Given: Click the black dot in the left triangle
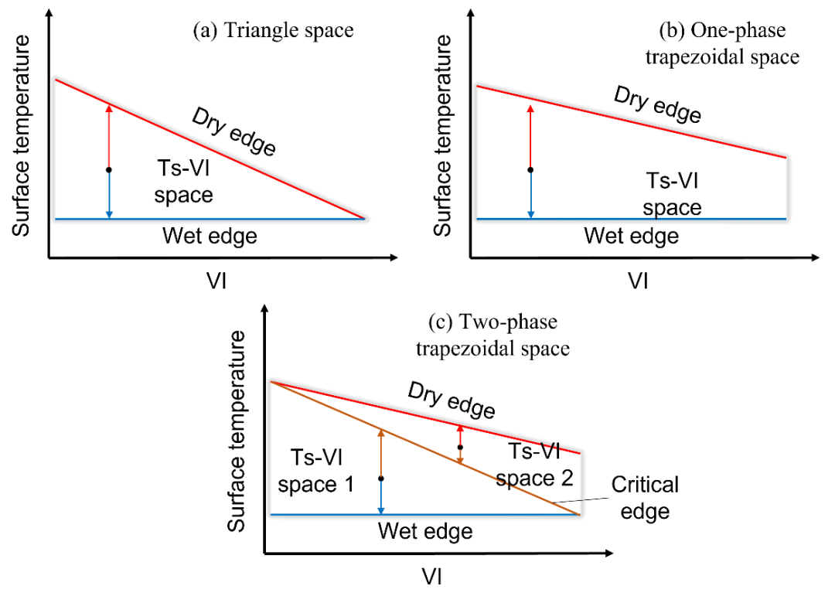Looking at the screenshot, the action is tap(109, 169).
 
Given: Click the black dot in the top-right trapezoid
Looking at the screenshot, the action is tap(530, 169).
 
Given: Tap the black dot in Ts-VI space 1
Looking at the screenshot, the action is tap(380, 479).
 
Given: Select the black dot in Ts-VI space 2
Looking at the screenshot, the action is tap(460, 447).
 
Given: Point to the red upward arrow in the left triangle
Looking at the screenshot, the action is tap(109, 136).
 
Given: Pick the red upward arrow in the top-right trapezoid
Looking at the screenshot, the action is tap(530, 136).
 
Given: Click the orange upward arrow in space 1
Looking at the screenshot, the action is tap(380, 453).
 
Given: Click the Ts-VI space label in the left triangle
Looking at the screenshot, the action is tap(183, 182).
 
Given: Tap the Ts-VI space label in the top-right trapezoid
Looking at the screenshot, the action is tap(672, 194).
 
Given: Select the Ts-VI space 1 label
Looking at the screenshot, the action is tap(315, 471).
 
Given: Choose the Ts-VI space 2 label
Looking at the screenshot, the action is tap(534, 465).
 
